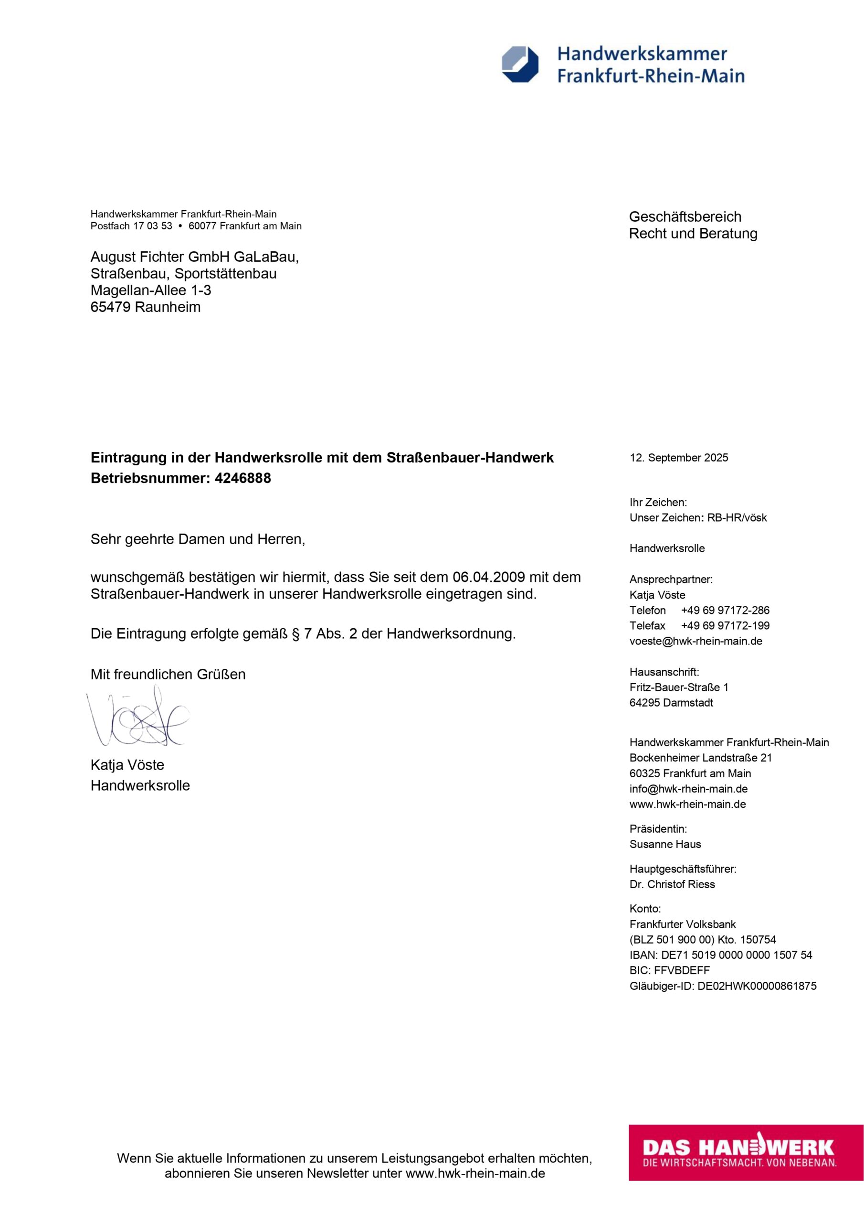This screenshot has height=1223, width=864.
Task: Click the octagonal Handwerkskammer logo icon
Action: point(520,64)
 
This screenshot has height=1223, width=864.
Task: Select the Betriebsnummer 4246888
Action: point(243,478)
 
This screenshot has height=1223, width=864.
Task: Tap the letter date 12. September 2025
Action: point(679,458)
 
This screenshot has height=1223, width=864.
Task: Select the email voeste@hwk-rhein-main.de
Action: point(696,641)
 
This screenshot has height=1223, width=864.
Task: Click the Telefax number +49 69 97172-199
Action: point(725,626)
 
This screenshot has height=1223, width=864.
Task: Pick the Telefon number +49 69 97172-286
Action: point(725,611)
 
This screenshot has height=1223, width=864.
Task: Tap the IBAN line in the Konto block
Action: point(721,955)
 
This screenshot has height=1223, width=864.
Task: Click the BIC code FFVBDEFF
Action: point(682,970)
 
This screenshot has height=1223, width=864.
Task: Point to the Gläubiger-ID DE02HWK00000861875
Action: point(757,986)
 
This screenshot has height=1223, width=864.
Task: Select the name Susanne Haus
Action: point(665,844)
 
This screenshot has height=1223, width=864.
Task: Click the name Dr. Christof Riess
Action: point(672,884)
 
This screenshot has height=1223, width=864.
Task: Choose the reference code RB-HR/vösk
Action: point(737,518)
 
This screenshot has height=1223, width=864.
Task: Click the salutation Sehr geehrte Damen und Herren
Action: point(198,539)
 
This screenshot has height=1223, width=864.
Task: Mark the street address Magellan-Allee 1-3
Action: point(151,290)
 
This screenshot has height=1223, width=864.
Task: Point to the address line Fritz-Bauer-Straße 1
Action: point(679,687)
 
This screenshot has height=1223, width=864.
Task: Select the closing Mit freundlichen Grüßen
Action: point(168,675)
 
